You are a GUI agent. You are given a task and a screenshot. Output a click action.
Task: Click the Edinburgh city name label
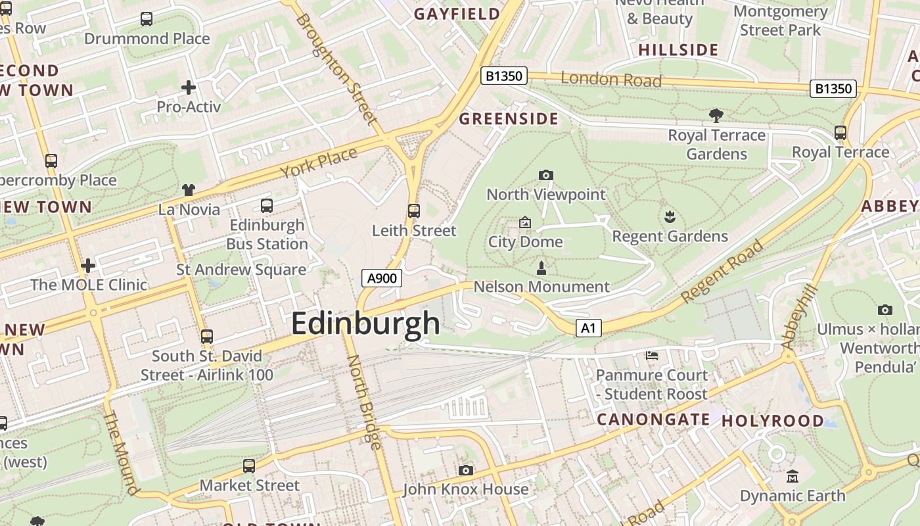click(365, 323)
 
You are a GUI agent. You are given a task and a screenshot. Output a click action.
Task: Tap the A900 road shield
click(382, 278)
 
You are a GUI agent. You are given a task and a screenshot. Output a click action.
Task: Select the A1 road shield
click(589, 328)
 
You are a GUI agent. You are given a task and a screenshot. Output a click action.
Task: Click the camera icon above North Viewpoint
click(545, 175)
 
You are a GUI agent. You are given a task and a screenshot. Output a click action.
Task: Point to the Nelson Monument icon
click(541, 268)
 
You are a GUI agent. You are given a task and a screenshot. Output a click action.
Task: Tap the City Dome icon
click(525, 222)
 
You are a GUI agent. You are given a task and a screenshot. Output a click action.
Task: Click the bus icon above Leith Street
click(414, 211)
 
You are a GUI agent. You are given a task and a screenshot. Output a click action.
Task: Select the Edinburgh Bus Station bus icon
click(267, 206)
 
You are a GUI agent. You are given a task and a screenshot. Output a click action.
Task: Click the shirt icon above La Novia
click(189, 190)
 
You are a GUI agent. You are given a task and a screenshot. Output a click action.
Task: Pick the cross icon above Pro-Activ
click(189, 87)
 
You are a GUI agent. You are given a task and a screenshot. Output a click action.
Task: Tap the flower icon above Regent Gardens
click(670, 217)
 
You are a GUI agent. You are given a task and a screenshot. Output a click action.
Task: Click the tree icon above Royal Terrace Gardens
click(716, 116)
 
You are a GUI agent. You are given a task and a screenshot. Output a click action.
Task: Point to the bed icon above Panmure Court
click(651, 356)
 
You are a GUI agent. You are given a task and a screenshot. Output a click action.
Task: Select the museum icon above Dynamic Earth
click(793, 476)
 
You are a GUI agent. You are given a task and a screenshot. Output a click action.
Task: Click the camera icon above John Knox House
click(466, 470)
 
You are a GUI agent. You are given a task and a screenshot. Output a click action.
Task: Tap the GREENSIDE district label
click(509, 119)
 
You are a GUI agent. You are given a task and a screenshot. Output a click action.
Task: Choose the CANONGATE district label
click(653, 419)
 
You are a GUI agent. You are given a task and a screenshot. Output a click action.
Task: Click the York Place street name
click(319, 162)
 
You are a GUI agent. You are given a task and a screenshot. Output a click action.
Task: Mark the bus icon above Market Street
click(249, 466)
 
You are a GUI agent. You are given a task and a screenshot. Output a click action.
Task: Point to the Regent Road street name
click(723, 272)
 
